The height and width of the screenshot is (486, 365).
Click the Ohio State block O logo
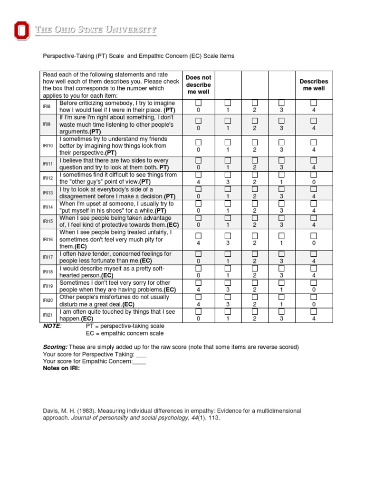point(21,31)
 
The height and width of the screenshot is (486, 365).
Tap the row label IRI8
point(48,107)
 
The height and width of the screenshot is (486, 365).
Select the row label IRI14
point(48,207)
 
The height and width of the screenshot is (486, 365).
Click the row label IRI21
point(48,315)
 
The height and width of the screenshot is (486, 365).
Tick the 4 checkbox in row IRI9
point(314,121)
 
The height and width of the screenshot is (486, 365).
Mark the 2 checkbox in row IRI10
point(254,142)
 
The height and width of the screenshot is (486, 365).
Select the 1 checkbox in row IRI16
point(281,235)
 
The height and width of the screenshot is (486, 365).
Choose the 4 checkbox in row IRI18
point(314,268)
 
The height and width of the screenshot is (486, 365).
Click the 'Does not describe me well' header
point(199,84)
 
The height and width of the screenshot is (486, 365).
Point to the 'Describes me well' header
point(314,85)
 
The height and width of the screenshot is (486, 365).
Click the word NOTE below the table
point(52,326)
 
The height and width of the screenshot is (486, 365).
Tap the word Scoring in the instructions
point(55,347)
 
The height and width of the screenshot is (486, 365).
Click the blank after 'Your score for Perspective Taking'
point(141,355)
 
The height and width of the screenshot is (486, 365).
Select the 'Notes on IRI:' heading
point(61,368)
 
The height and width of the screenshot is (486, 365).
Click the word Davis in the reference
point(51,411)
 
